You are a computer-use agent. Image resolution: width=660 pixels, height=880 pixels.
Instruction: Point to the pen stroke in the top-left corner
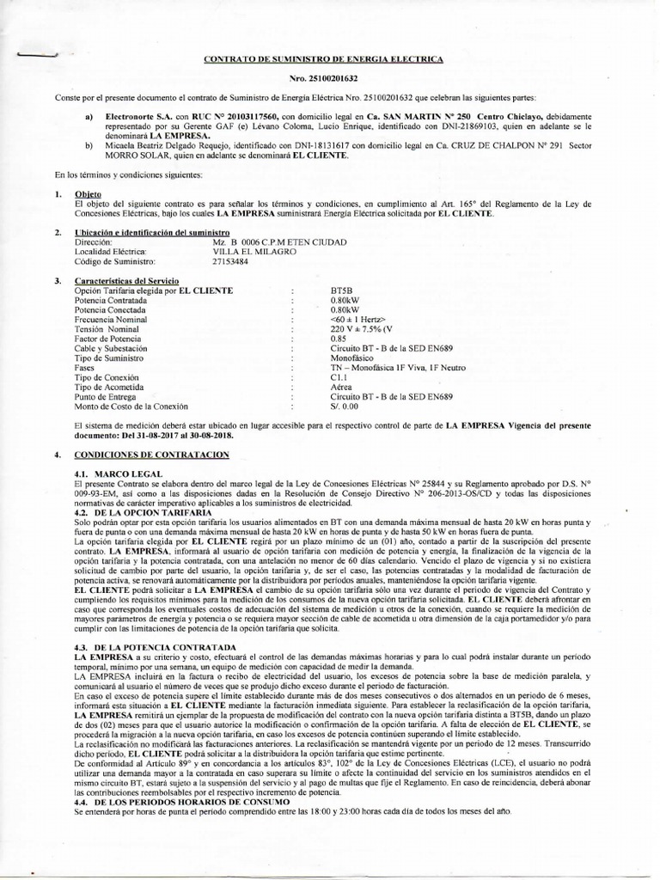(x=33, y=55)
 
